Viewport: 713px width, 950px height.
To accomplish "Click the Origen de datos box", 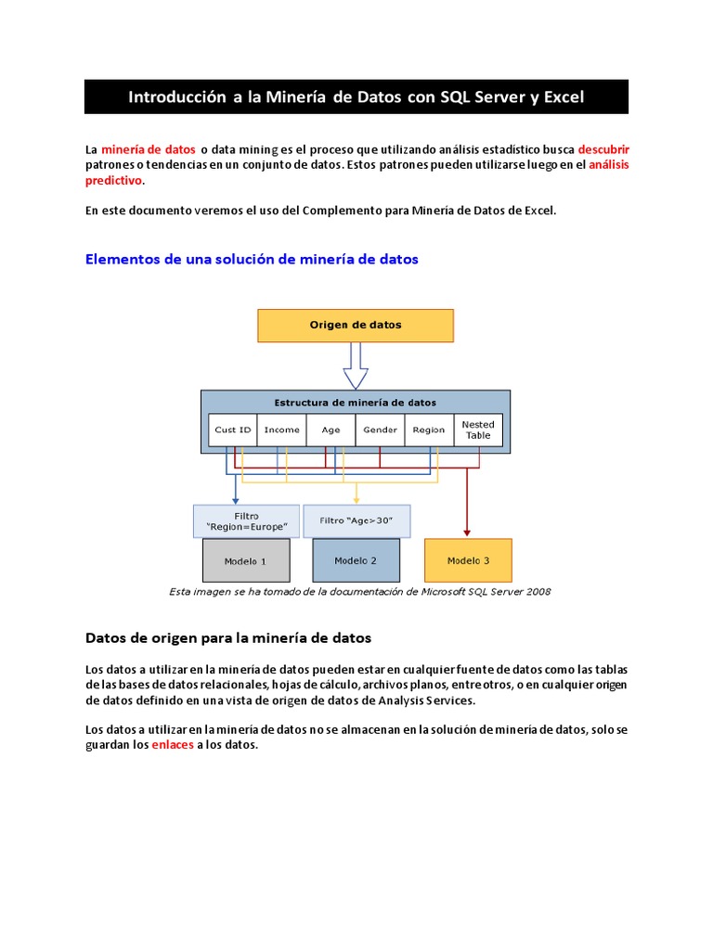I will (x=355, y=326).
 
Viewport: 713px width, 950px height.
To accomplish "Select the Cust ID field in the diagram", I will (x=232, y=430).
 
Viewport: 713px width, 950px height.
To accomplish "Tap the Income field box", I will (x=281, y=430).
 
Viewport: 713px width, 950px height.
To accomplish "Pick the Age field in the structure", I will (x=331, y=430).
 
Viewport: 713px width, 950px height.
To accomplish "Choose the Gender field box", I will (x=380, y=430).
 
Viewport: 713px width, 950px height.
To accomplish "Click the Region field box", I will (x=429, y=430).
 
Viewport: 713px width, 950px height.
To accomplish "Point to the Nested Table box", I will (x=478, y=430).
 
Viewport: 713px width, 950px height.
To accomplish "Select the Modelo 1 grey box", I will (x=246, y=561).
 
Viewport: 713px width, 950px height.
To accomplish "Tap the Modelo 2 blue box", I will (x=356, y=560).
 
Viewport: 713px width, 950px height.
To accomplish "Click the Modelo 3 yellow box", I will (x=467, y=560).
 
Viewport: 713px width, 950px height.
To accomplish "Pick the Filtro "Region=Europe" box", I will (x=246, y=521).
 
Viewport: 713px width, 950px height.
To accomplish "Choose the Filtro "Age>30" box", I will (x=356, y=520).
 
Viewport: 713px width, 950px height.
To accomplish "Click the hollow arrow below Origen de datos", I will (x=356, y=366).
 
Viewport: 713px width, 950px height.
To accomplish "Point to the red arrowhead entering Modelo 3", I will (x=467, y=533).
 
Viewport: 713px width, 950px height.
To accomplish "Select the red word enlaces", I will (x=173, y=745).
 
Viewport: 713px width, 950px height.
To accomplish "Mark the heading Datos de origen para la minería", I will (x=228, y=638).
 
